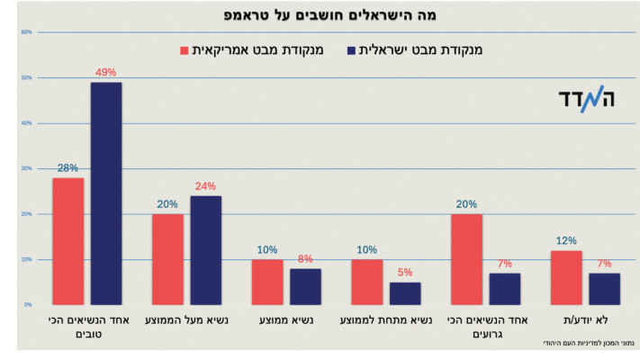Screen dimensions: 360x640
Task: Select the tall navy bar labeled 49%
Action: [106, 193]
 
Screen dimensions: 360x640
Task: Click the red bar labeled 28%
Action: [68, 241]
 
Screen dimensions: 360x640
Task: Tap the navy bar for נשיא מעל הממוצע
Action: [205, 250]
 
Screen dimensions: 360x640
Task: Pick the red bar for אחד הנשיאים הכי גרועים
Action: [466, 259]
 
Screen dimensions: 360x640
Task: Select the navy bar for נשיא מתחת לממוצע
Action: [405, 293]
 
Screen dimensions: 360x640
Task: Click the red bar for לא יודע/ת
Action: [566, 277]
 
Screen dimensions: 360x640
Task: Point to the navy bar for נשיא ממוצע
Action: [305, 286]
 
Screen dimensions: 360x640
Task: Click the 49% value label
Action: [106, 73]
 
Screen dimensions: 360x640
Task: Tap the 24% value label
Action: [205, 186]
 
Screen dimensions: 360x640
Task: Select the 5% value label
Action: [405, 273]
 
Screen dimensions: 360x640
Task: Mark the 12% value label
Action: [566, 240]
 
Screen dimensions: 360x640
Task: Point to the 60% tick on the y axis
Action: [26, 32]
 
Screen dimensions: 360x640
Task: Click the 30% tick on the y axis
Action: [26, 168]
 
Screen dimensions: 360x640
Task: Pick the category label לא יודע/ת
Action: [585, 319]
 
